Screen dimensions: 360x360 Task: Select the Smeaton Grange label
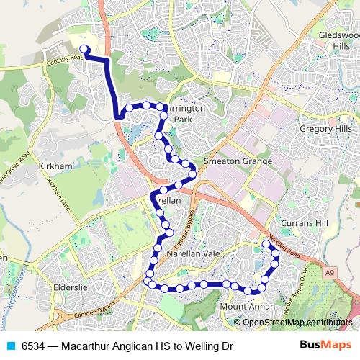(x=238, y=161)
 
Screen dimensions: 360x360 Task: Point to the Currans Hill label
(x=305, y=224)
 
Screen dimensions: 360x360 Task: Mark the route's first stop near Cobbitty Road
(x=83, y=49)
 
